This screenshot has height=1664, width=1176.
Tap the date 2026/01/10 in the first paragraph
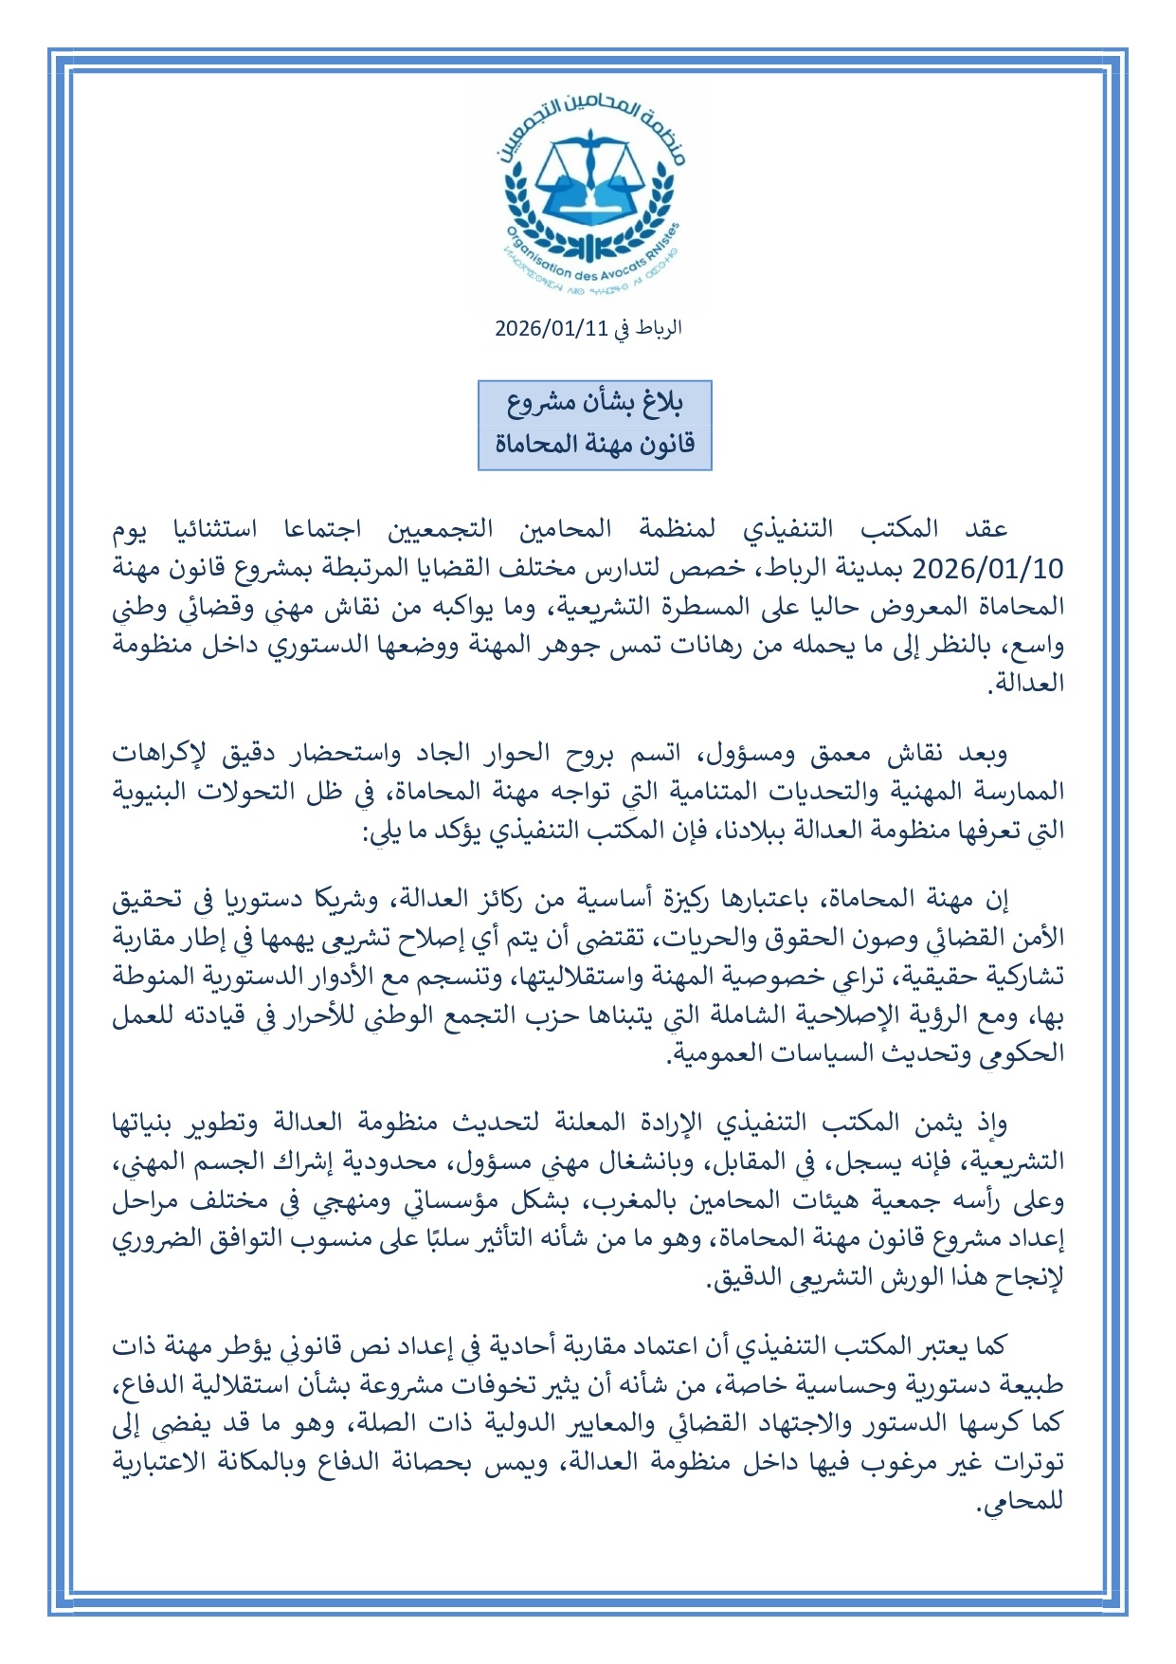click(x=987, y=569)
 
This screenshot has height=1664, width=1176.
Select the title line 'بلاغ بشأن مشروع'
click(x=594, y=403)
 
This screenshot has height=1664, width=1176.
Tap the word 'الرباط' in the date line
click(x=659, y=329)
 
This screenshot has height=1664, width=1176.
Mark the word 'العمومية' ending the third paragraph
click(x=723, y=1054)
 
